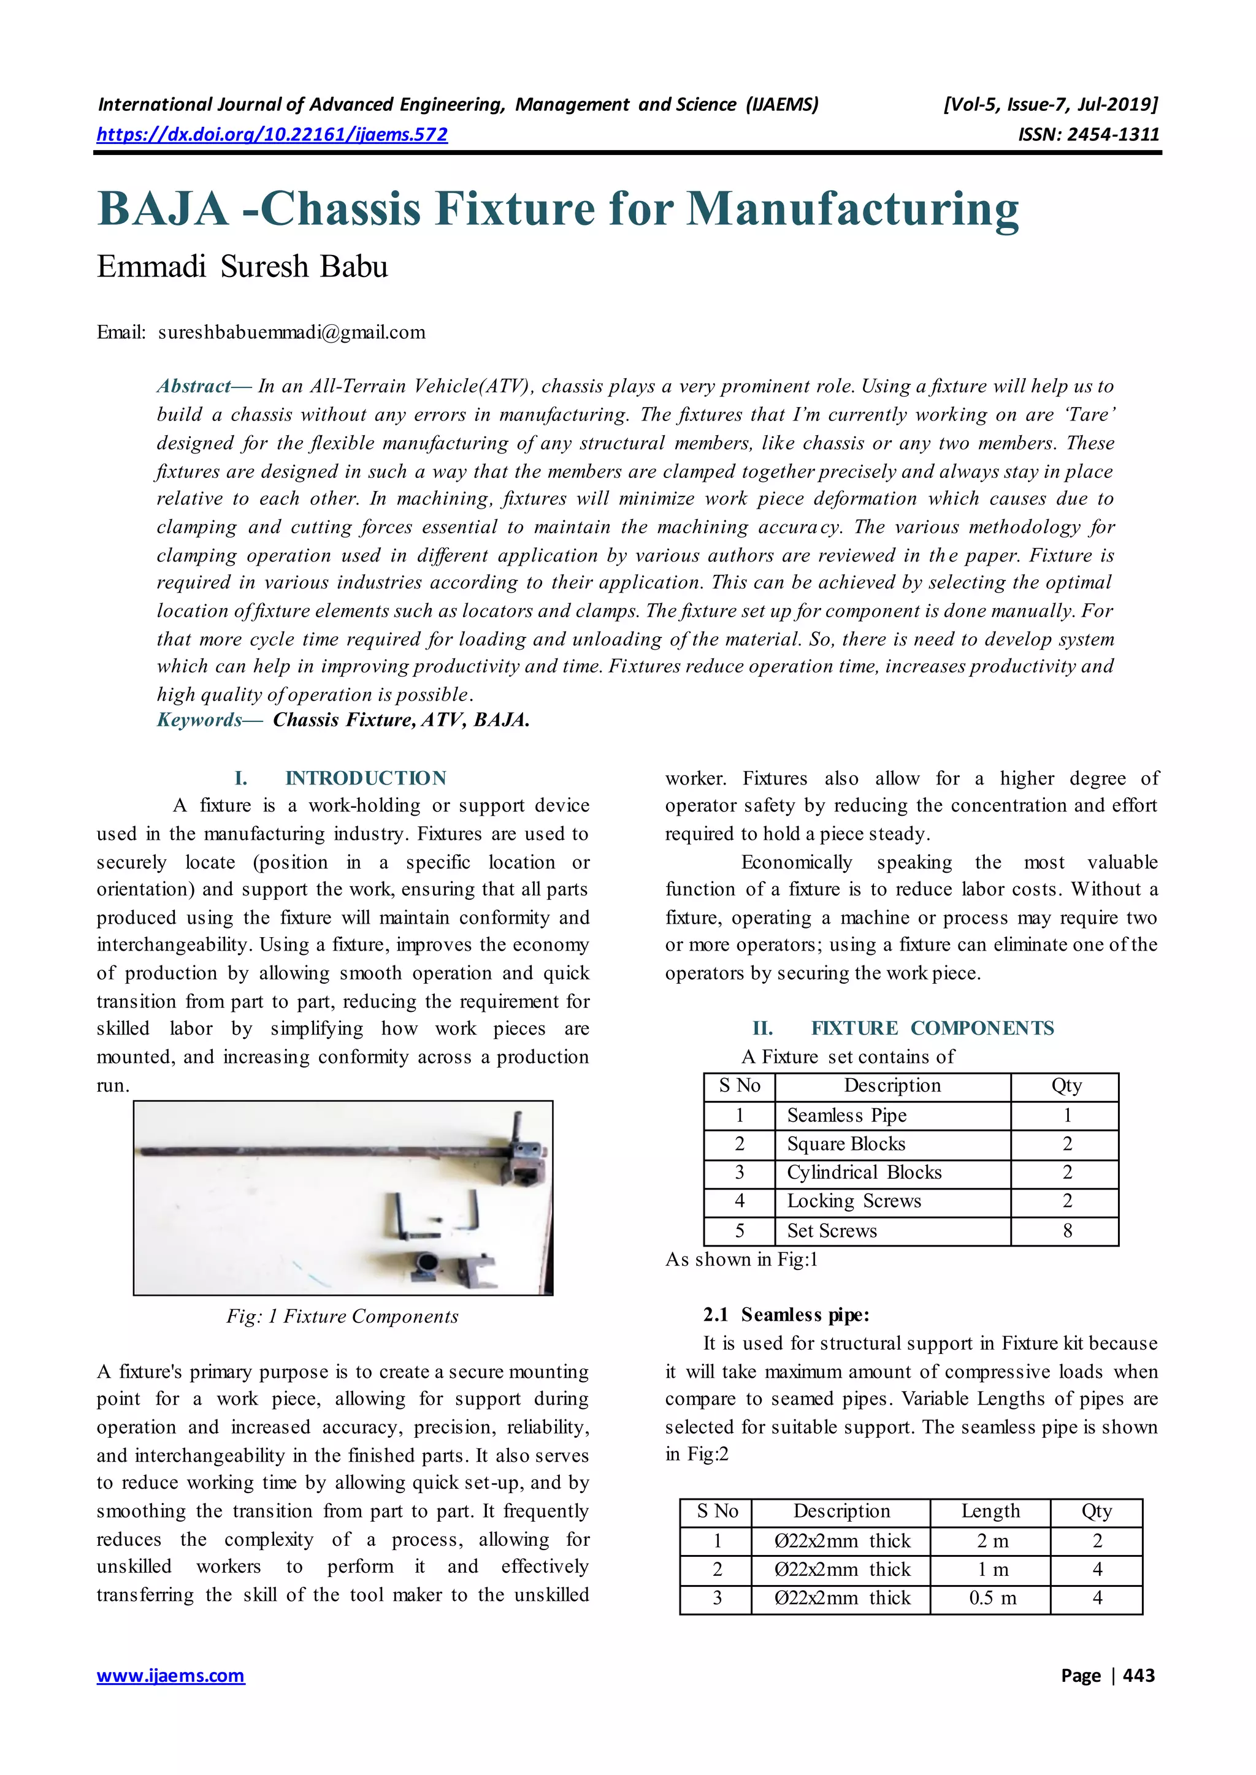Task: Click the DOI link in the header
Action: coord(272,134)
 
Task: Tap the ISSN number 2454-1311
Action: coord(1113,134)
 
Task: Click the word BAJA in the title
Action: coord(163,209)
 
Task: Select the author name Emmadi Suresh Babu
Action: coord(242,267)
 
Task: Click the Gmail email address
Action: coord(291,332)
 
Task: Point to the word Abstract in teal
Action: coord(193,386)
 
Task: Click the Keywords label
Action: coord(199,720)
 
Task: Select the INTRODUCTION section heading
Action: coord(365,778)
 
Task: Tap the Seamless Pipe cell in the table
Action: coord(846,1115)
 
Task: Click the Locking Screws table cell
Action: coord(854,1201)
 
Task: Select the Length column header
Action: coord(990,1511)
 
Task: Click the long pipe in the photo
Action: coord(309,1151)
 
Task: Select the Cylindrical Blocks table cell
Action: coord(864,1172)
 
